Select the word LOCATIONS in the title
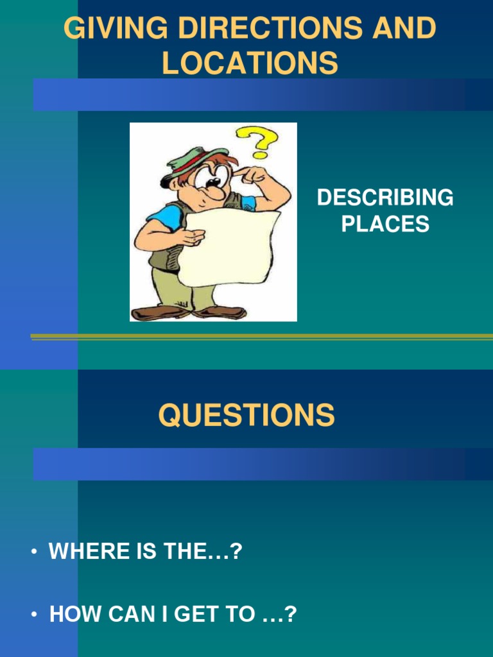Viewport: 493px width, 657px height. click(250, 64)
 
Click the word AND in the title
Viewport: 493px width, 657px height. click(406, 30)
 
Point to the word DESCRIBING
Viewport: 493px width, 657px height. click(385, 198)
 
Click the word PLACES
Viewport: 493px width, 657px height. click(385, 224)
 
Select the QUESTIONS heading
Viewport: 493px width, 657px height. click(246, 415)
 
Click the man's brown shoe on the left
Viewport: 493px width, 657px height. click(157, 312)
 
